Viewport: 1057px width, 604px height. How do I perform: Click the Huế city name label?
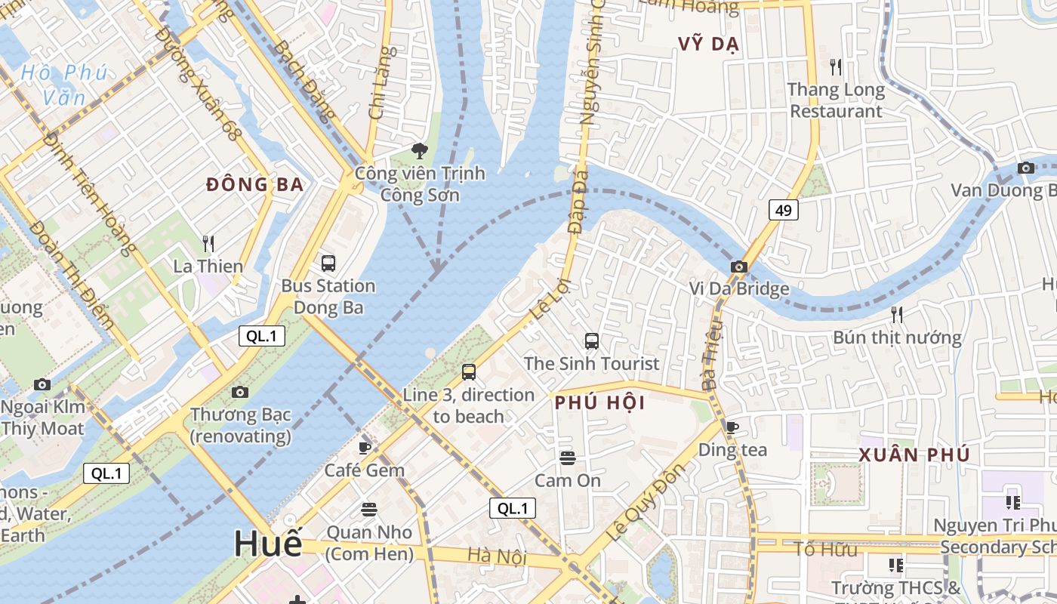268,543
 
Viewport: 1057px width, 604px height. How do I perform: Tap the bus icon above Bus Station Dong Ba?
328,263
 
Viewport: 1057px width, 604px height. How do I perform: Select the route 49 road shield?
784,210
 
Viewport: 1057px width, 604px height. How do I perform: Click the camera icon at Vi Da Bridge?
739,267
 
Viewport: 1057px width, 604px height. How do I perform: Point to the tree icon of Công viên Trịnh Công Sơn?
419,151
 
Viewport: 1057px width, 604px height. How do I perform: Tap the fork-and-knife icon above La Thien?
208,243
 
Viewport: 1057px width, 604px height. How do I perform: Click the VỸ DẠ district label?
708,44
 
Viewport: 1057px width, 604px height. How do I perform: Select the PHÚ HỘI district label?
600,402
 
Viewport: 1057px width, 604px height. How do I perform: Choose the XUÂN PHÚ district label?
914,455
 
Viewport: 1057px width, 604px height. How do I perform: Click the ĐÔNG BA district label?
254,184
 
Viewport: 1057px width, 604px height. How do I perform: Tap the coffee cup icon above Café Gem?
365,447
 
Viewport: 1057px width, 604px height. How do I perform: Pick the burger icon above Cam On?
568,458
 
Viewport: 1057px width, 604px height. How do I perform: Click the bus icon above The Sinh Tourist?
592,341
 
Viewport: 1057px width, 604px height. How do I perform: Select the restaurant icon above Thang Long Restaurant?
835,67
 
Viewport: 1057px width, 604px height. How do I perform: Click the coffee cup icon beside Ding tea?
732,427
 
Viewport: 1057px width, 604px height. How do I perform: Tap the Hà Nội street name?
496,556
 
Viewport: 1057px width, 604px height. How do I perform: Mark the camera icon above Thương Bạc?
240,392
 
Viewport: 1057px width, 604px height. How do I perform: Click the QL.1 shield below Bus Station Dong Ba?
262,337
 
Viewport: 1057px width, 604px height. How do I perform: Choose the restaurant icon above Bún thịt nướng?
896,314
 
